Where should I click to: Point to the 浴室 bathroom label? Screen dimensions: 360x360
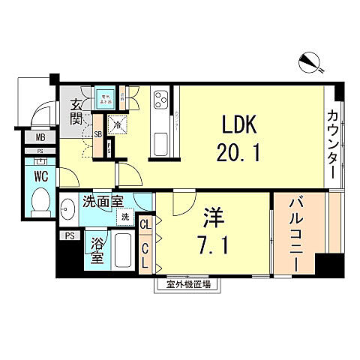pos(97,250)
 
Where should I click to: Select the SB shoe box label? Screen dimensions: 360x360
pos(97,135)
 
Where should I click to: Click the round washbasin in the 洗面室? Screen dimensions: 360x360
pos(67,209)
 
